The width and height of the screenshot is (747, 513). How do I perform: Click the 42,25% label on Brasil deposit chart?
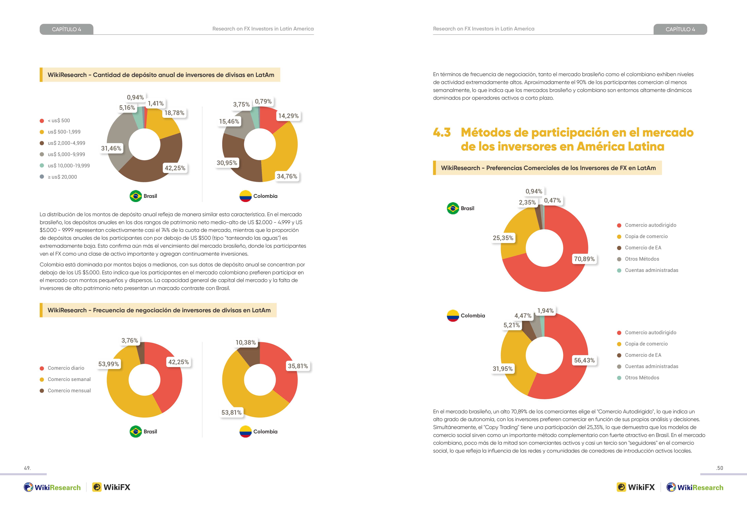point(175,168)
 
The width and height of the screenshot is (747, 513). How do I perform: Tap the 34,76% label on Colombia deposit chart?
point(287,176)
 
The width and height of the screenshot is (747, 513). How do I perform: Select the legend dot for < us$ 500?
point(42,121)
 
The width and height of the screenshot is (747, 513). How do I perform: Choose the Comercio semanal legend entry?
point(65,379)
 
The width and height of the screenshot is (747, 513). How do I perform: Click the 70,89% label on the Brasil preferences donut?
point(584,259)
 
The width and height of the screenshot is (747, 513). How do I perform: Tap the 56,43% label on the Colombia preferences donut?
point(584,360)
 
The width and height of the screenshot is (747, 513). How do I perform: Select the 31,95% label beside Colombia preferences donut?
point(503,369)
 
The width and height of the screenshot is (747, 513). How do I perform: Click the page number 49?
point(27,468)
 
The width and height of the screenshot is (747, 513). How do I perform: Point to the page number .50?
point(719,468)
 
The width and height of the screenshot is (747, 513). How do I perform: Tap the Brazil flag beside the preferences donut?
point(453,208)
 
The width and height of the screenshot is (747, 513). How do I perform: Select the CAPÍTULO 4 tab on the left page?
point(67,29)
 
